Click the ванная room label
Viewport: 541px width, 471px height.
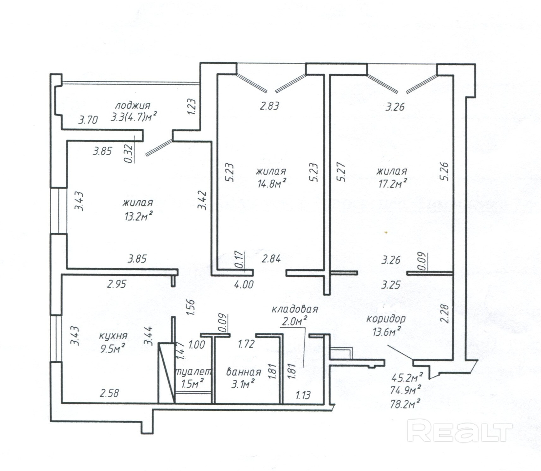[x=244, y=372]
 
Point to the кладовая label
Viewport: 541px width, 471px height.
[x=295, y=309]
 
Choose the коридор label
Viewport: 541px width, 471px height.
[x=386, y=319]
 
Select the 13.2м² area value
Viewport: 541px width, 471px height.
[x=139, y=217]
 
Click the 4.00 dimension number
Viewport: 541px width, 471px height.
[x=244, y=284]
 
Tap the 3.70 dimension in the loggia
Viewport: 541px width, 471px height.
[x=88, y=120]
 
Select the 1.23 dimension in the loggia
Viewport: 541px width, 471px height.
[x=191, y=107]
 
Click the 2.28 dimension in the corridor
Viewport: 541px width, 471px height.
[x=444, y=313]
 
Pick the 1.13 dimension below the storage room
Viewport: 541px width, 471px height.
[x=303, y=395]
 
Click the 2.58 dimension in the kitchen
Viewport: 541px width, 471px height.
[x=110, y=393]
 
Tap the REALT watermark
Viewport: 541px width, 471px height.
[x=459, y=431]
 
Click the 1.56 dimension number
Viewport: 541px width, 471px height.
[x=191, y=307]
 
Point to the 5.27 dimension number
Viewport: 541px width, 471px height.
[x=341, y=172]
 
